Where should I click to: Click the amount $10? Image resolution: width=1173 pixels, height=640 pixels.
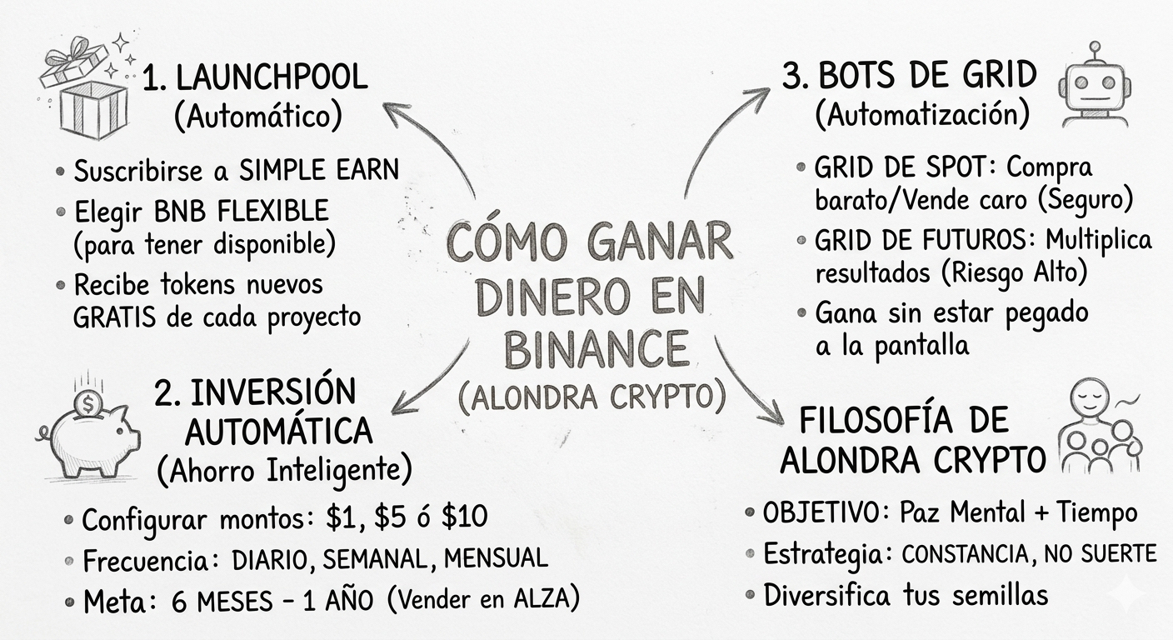[x=464, y=517]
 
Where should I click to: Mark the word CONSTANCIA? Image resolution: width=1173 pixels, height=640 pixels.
[x=976, y=553]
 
